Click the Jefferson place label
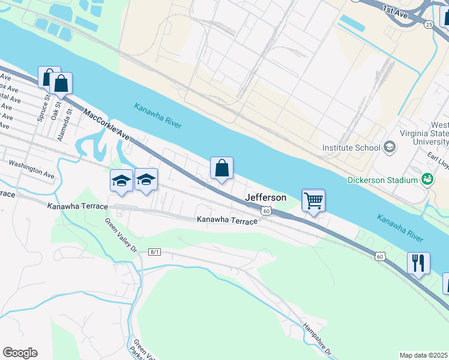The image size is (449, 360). coord(265,197)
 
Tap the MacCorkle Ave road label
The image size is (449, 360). coord(107,124)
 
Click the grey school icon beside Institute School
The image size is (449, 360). coord(390,147)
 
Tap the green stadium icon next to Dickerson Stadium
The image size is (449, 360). coord(427,179)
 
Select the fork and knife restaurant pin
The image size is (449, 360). coord(418,263)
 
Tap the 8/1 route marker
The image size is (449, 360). coord(155,252)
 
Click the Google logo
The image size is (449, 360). coord(20,353)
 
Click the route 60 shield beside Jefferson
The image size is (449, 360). coord(267,211)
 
